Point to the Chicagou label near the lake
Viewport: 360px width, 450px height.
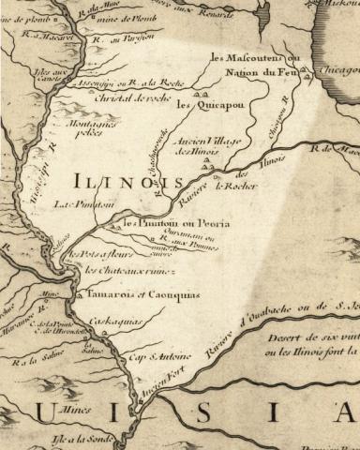coord(339,69)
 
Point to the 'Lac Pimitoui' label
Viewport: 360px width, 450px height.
coord(76,203)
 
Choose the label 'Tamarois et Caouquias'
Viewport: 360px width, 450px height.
coord(136,294)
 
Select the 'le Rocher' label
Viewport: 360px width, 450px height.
coord(235,186)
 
